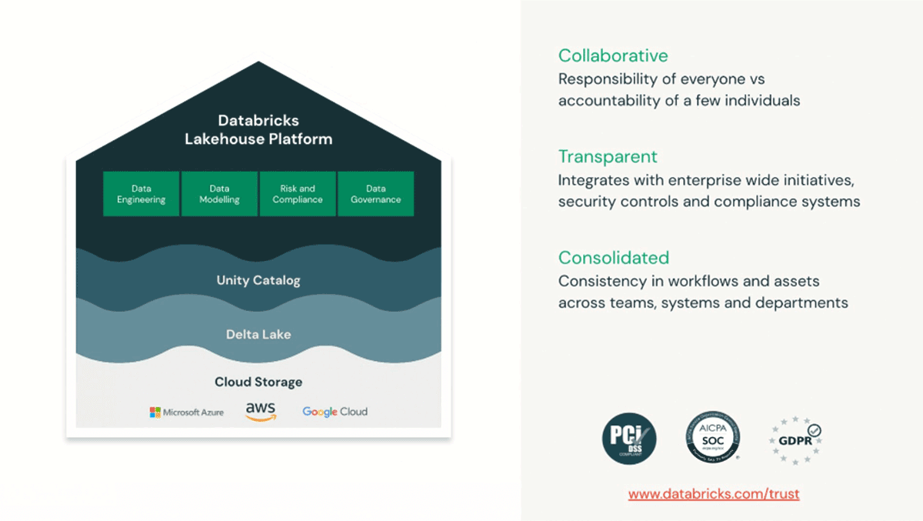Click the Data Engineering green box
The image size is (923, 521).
pyautogui.click(x=141, y=194)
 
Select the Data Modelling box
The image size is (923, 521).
pyautogui.click(x=219, y=194)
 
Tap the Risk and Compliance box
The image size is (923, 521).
pyautogui.click(x=298, y=194)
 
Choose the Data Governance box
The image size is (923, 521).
pyautogui.click(x=375, y=194)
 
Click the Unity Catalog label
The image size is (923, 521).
pyautogui.click(x=258, y=280)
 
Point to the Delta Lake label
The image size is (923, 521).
pyautogui.click(x=258, y=335)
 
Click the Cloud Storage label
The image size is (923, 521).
pyautogui.click(x=258, y=382)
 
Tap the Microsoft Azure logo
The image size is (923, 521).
pyautogui.click(x=187, y=412)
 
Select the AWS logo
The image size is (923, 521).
pyautogui.click(x=261, y=411)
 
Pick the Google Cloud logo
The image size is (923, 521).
pyautogui.click(x=335, y=412)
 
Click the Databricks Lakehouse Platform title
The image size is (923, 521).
pyautogui.click(x=258, y=130)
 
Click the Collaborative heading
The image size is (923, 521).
pyautogui.click(x=613, y=55)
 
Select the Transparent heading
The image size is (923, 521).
pyautogui.click(x=608, y=157)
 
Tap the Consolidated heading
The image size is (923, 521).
pyautogui.click(x=614, y=258)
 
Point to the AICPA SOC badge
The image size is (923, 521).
pyautogui.click(x=712, y=439)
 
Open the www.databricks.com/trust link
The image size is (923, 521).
pyautogui.click(x=714, y=493)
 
